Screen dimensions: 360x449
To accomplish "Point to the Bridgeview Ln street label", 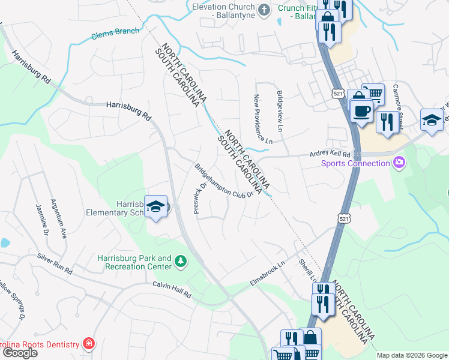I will tap(280, 110).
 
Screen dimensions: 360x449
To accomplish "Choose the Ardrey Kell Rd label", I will tap(330, 154).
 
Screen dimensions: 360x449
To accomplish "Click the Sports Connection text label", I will tap(355, 163).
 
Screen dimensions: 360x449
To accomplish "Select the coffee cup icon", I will tap(361, 111).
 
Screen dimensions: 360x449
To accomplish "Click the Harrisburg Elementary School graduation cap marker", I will tap(156, 206).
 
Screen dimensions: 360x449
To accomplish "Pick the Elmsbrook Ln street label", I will tap(267, 273).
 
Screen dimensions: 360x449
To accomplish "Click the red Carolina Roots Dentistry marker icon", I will tap(89, 344).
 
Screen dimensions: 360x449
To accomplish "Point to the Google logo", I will tap(19, 353).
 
